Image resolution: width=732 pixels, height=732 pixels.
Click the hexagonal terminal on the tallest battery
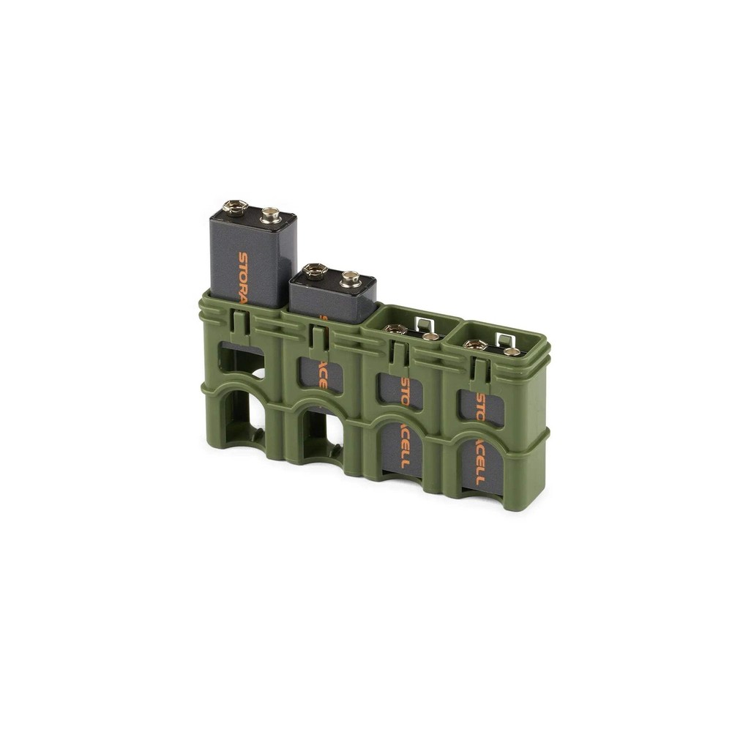tap(235, 207)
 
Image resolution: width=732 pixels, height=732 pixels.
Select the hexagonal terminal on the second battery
tap(315, 271)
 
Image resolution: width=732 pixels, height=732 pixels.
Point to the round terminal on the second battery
tap(351, 278)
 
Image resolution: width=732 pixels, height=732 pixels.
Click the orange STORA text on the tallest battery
tap(243, 276)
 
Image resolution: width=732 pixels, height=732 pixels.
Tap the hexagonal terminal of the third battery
tap(396, 329)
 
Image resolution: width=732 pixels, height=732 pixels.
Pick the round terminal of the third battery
tap(431, 336)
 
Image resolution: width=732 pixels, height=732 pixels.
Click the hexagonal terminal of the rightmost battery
tap(475, 344)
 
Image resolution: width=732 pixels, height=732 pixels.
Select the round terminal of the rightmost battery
tap(512, 351)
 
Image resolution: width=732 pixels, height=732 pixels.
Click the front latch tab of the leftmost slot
tap(238, 321)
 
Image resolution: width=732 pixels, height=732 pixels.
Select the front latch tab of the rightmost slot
tap(479, 370)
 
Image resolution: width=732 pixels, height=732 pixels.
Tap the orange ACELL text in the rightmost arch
tap(480, 462)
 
